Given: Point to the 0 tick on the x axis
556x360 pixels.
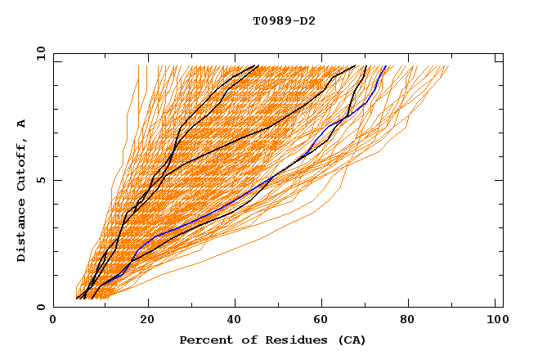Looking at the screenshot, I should pyautogui.click(x=53, y=322).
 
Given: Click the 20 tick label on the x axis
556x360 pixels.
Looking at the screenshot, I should pyautogui.click(x=148, y=322).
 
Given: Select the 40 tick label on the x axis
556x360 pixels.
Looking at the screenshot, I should pyautogui.click(x=236, y=322).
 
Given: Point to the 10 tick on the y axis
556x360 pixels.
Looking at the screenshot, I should pyautogui.click(x=40, y=53).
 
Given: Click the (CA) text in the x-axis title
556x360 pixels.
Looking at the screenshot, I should pyautogui.click(x=350, y=340).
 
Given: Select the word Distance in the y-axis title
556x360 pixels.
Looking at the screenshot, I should pyautogui.click(x=21, y=231).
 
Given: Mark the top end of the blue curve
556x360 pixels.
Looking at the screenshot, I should pyautogui.click(x=386, y=66).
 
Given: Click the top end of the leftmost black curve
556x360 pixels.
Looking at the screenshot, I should pyautogui.click(x=258, y=65).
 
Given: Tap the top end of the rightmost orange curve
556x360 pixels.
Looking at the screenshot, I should pyautogui.click(x=449, y=66).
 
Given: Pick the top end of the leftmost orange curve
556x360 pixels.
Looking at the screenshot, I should pyautogui.click(x=138, y=66).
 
